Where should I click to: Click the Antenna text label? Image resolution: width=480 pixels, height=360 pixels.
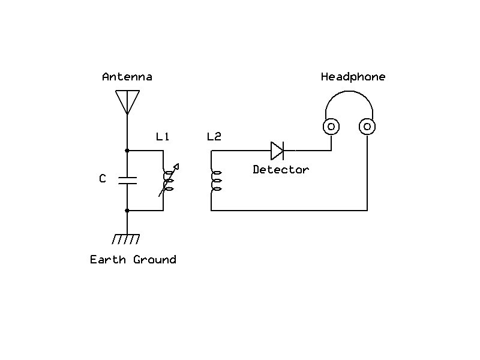click(x=127, y=77)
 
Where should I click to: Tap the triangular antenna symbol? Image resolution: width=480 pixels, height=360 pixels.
click(x=127, y=101)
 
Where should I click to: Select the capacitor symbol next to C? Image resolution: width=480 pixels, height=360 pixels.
click(x=127, y=180)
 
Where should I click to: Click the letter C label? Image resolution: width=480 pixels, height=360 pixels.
click(x=103, y=179)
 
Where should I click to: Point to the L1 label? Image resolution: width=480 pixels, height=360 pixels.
click(x=163, y=137)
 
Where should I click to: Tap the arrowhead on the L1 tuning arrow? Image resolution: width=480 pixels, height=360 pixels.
click(x=176, y=166)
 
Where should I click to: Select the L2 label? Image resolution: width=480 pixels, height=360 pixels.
click(x=214, y=137)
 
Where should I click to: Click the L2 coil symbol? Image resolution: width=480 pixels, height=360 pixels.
click(x=214, y=181)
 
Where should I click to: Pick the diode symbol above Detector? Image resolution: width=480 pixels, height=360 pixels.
click(x=277, y=150)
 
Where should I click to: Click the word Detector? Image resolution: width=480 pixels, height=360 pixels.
click(x=281, y=170)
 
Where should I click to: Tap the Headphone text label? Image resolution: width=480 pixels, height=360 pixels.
click(x=353, y=77)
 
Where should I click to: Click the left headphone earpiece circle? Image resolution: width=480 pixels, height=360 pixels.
click(x=331, y=127)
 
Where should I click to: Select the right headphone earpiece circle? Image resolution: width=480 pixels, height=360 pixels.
click(x=367, y=127)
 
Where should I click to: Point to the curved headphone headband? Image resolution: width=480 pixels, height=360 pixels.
click(x=349, y=92)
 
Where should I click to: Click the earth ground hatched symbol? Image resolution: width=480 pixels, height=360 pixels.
click(x=127, y=238)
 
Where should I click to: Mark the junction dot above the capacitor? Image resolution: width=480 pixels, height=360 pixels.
click(x=127, y=150)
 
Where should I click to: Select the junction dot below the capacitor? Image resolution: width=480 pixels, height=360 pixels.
click(x=127, y=211)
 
